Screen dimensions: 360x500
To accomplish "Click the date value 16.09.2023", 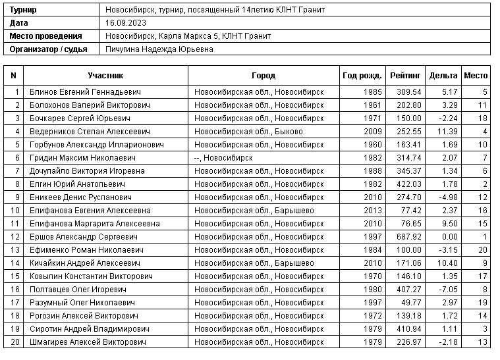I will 126,23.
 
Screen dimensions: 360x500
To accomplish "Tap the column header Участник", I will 105,76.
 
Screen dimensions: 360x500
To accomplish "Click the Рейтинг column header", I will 403,76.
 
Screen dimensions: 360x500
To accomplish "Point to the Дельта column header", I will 443,76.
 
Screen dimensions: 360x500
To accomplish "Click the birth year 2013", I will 372,211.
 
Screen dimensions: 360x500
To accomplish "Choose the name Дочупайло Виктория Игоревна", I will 80,171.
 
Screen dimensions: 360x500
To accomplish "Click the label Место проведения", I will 45,36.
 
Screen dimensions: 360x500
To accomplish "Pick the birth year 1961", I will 372,105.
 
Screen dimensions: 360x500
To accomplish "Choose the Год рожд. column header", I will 362,76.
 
